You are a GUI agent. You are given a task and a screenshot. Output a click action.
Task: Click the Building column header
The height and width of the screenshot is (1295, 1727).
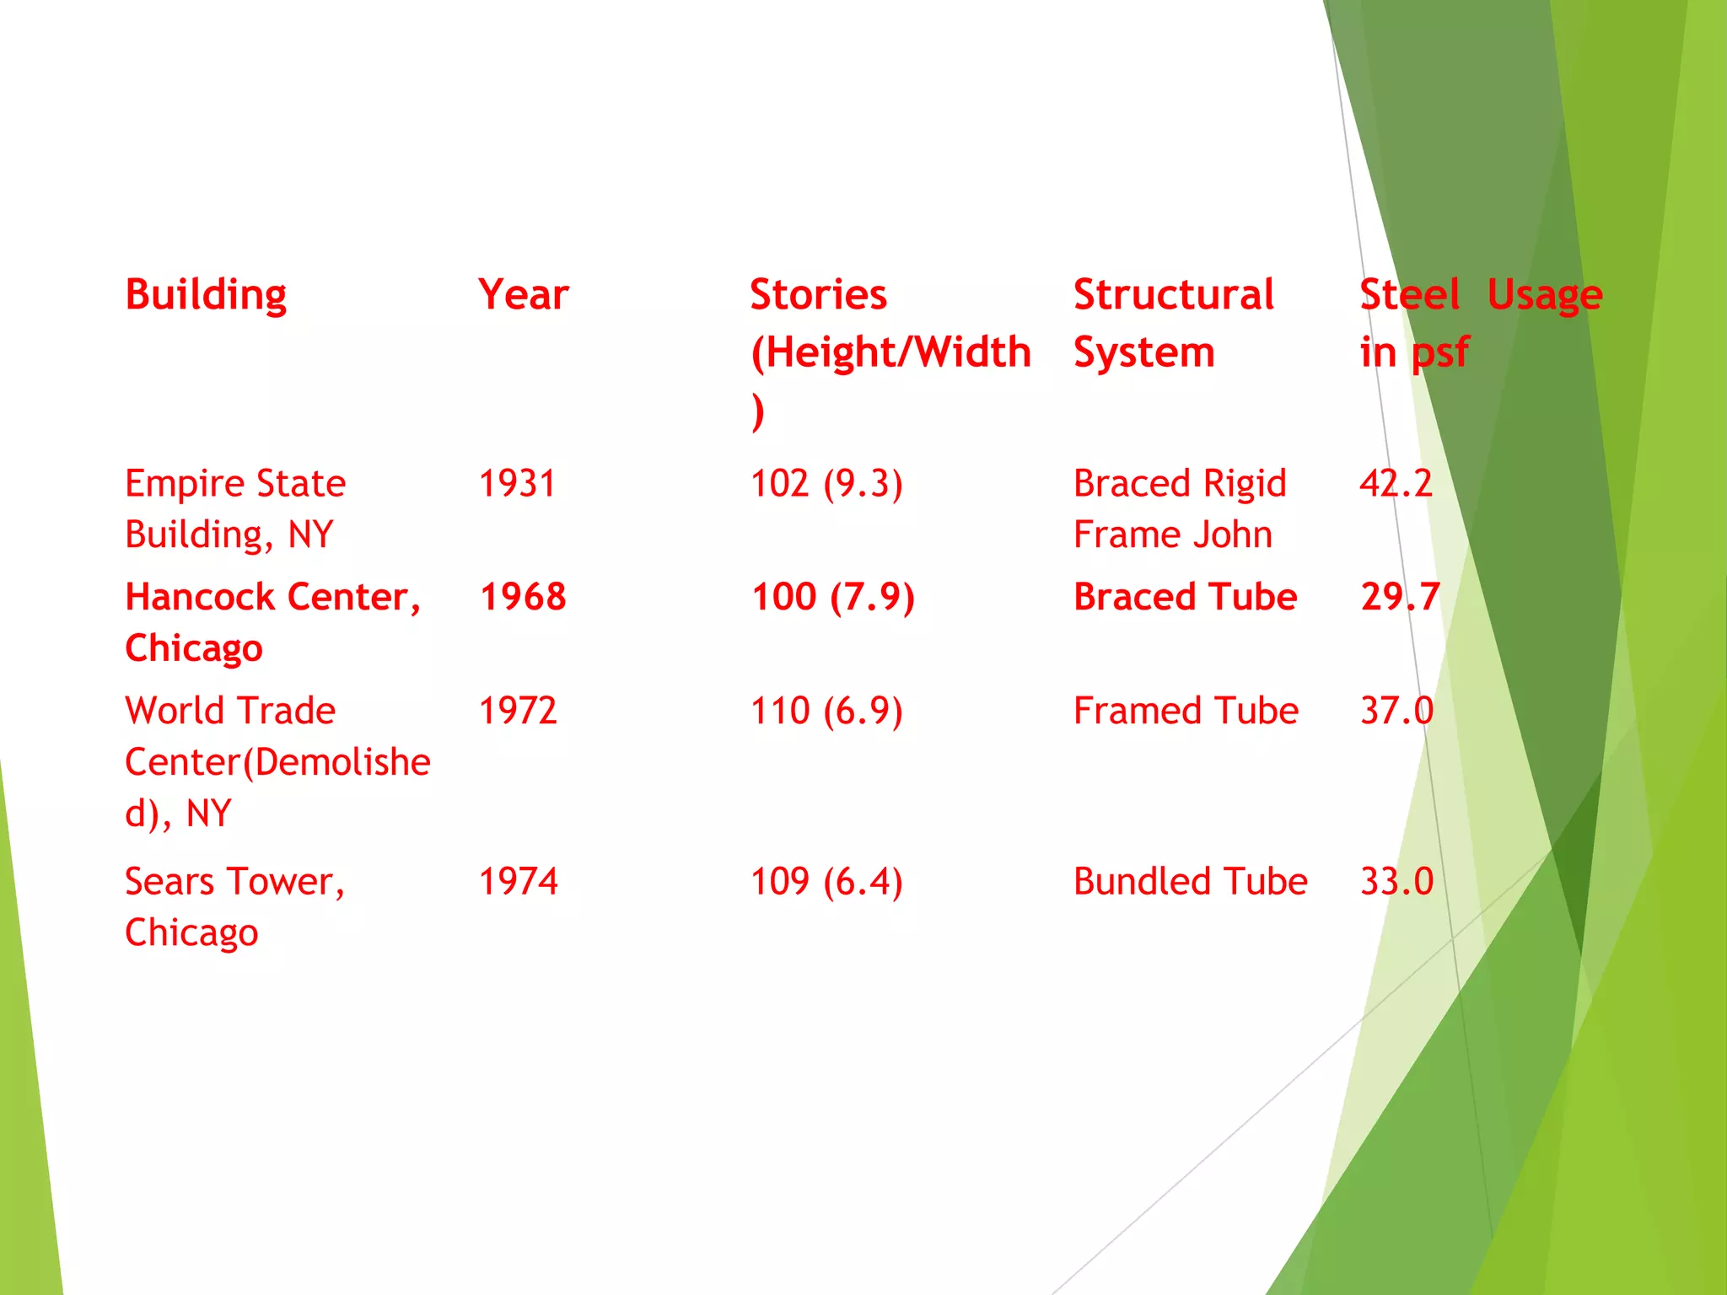pos(206,296)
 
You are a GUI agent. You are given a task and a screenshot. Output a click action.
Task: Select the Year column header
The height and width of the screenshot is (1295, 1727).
pos(523,295)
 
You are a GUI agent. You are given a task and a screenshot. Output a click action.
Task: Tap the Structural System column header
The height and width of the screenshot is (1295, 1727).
pos(1173,323)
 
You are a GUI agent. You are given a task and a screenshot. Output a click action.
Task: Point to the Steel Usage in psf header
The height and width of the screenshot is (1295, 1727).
pos(1481,323)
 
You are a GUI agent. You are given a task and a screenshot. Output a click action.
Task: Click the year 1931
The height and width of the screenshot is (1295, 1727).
pos(517,484)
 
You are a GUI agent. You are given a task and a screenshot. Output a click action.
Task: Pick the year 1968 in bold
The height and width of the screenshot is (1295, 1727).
pos(523,597)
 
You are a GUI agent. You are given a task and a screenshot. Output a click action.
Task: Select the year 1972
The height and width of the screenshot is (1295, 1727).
pos(518,711)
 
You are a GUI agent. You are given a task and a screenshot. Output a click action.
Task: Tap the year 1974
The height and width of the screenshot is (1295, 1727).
pos(518,882)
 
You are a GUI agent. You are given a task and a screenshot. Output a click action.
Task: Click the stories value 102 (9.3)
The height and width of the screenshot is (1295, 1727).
pos(826,484)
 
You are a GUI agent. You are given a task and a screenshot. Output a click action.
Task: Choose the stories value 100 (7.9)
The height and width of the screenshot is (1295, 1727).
pos(832,597)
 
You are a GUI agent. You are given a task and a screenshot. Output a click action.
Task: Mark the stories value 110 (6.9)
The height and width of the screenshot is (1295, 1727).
pos(826,711)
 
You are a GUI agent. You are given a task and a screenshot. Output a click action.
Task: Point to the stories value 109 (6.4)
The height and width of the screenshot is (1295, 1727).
pos(826,882)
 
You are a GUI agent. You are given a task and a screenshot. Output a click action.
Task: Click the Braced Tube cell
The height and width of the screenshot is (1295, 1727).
pos(1185,597)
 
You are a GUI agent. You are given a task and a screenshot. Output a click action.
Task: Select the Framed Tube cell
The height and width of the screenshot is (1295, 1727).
pos(1186,711)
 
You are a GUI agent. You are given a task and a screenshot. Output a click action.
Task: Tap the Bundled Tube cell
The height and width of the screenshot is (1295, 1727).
pos(1190,882)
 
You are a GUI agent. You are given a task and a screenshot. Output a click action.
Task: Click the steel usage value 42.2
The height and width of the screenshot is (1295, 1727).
pos(1396,484)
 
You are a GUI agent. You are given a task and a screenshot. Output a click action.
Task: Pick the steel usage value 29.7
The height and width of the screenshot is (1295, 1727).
pos(1400,597)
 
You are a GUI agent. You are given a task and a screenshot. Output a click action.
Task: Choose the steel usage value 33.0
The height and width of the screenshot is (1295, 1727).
pos(1396,882)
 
